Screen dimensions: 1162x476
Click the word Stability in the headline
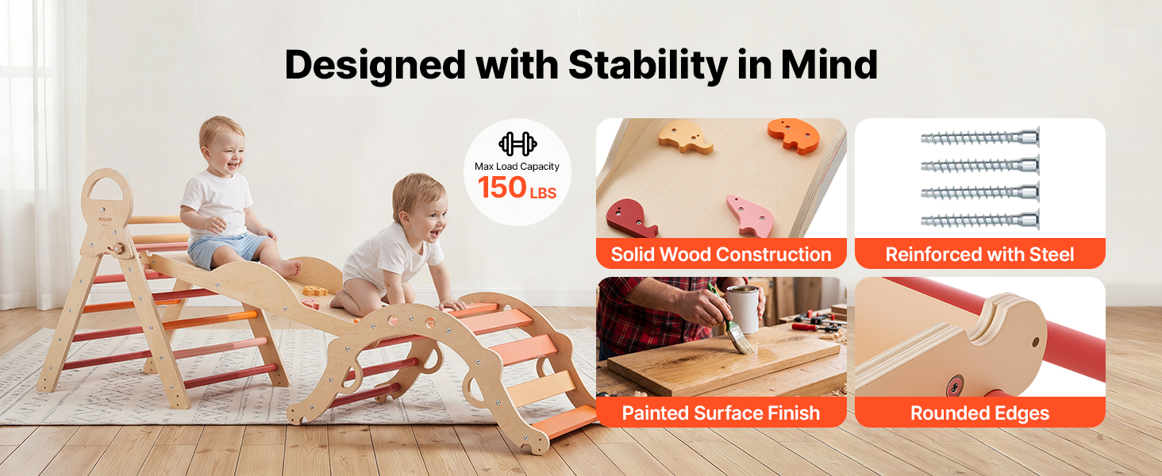point(648,65)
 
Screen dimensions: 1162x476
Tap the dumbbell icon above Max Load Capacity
point(518,144)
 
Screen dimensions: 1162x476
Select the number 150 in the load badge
point(502,187)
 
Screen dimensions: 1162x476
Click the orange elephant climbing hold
point(794,136)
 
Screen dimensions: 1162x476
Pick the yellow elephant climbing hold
point(685,137)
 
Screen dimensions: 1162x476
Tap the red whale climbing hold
point(631,218)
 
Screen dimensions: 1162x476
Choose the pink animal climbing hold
point(751,216)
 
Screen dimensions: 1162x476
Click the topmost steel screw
point(980,137)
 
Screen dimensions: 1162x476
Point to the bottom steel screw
point(980,220)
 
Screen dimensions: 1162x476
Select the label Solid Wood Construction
point(721,255)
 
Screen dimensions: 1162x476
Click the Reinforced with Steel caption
point(979,255)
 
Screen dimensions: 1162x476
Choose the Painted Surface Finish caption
point(721,413)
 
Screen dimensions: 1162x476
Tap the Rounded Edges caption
point(979,413)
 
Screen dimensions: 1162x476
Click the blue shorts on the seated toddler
point(224,248)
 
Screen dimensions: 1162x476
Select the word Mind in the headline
point(829,65)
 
